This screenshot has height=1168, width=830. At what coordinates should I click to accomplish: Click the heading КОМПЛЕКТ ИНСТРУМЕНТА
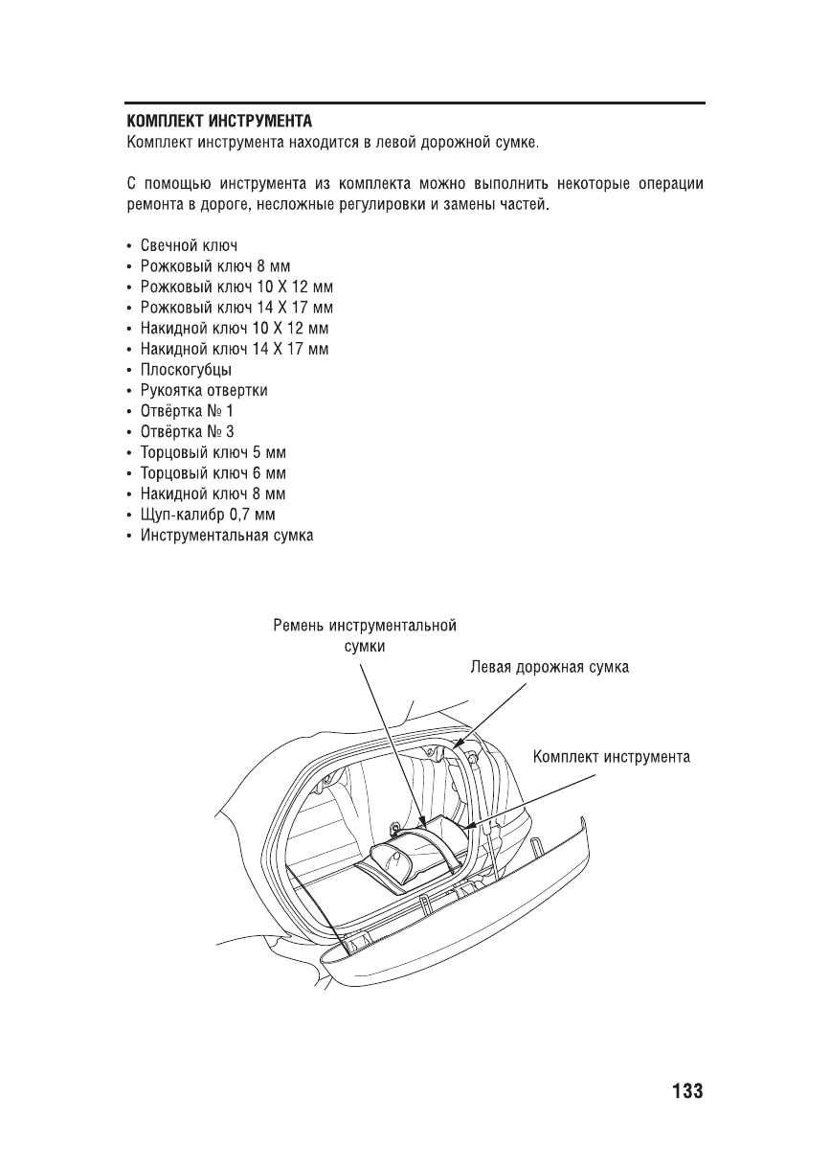point(220,123)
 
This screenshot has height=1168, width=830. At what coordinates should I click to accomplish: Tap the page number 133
point(686,1091)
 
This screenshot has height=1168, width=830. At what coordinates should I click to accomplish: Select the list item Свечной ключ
point(189,245)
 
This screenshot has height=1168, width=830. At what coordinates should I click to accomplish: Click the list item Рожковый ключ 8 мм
point(214,266)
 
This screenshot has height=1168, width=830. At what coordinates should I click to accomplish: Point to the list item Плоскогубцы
point(186,370)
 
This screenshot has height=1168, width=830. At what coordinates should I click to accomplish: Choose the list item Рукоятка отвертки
point(204,391)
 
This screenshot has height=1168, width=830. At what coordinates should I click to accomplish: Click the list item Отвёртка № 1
point(188,411)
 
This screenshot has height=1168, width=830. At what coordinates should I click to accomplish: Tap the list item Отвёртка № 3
point(188,432)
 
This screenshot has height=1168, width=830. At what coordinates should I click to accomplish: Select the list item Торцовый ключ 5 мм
point(213,453)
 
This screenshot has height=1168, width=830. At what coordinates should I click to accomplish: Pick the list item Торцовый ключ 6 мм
point(213,473)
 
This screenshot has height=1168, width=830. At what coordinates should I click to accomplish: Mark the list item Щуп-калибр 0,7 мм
point(209,515)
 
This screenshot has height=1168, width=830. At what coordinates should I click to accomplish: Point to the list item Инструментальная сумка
point(227,536)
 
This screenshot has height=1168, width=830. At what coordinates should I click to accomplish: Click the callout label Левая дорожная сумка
point(549,667)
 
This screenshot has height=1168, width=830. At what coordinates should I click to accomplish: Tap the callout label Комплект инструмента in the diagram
point(612,757)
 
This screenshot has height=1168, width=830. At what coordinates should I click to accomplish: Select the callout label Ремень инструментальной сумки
point(364,636)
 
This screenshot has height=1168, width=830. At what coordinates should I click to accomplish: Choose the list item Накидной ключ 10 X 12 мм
point(235,329)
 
